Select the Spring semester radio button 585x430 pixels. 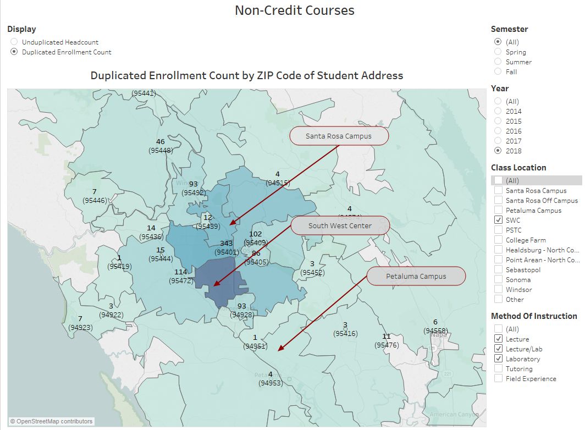(498, 52)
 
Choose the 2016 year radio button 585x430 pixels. (498, 131)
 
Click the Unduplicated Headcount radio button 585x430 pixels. (14, 42)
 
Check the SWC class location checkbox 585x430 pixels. (498, 220)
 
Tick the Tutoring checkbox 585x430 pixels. (498, 369)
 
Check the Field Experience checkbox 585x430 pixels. (498, 379)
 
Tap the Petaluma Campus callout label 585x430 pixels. (416, 277)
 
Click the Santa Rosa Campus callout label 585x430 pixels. (339, 136)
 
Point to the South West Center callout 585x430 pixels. (340, 226)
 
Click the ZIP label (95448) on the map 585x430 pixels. (161, 150)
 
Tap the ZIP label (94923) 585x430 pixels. (80, 327)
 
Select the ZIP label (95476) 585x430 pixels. (387, 345)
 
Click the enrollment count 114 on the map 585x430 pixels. (181, 272)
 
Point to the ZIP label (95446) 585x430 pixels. (95, 201)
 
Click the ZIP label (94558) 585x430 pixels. (435, 330)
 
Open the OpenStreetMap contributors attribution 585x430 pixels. (51, 422)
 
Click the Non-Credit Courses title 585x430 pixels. (294, 10)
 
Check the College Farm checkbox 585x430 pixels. (498, 240)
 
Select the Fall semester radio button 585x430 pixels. (498, 72)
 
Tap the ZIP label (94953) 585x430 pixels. (271, 383)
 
